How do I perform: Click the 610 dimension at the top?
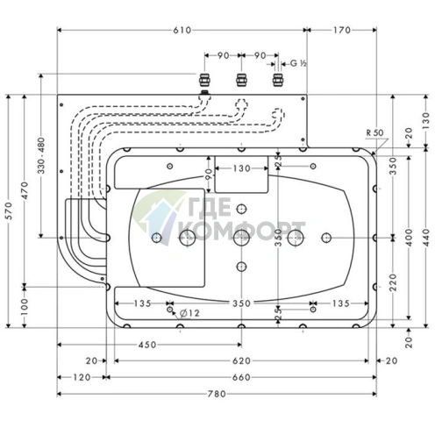182,30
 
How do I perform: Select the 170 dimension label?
342,30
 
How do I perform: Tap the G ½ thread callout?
298,63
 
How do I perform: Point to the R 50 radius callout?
374,132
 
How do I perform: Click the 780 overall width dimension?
217,394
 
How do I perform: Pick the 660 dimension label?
241,377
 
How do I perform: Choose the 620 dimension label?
241,361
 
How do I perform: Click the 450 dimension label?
147,345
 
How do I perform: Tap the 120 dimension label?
82,377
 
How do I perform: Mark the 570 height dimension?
9,211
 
